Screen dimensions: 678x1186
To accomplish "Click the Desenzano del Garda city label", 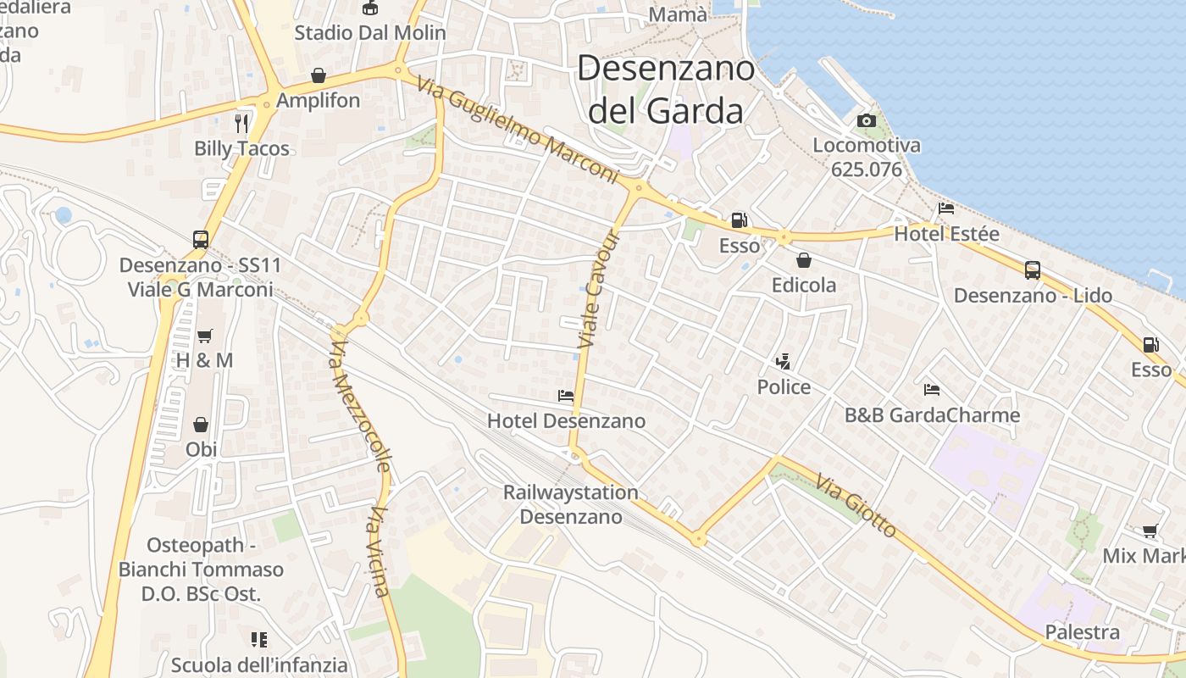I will (x=666, y=89).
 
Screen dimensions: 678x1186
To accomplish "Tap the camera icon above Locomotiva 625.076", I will (x=866, y=121).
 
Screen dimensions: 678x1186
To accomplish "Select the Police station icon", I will (x=784, y=362).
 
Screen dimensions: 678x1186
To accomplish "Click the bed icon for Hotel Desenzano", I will (x=566, y=396).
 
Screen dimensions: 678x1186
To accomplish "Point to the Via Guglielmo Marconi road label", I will (x=518, y=130).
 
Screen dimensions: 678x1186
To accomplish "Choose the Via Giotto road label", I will (x=856, y=507).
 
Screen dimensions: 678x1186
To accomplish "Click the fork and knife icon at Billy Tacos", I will (x=242, y=124).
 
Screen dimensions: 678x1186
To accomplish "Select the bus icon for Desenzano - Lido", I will (x=1033, y=270).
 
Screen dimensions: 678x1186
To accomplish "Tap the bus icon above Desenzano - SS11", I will (x=201, y=240).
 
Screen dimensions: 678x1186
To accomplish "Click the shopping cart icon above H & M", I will (x=204, y=336).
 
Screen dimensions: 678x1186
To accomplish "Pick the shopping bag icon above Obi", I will (x=201, y=425).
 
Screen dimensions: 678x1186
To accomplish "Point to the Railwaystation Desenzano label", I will (x=571, y=504).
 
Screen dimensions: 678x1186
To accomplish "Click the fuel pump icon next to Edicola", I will (x=740, y=220).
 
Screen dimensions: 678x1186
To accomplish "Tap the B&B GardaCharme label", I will (x=932, y=415).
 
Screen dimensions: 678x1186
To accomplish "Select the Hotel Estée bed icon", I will (x=946, y=208).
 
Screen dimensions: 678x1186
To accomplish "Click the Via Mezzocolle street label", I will (x=360, y=405).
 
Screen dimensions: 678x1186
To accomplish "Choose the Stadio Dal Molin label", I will (x=369, y=33).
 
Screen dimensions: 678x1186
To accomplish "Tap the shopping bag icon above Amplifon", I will (x=318, y=75).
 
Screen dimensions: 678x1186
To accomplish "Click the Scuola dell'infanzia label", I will (x=259, y=664).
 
